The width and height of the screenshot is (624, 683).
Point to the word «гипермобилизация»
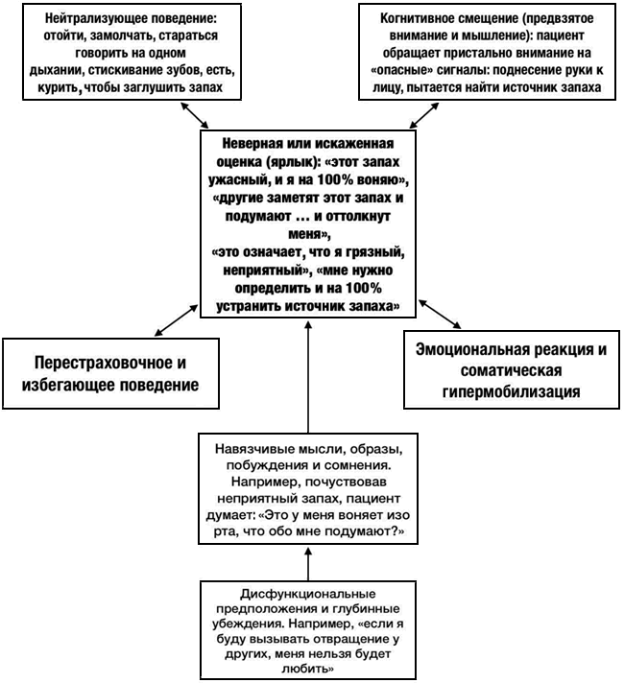[x=511, y=391]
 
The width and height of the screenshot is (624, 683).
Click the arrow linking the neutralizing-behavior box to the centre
[x=195, y=114]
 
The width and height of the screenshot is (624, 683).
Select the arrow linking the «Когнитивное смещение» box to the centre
[x=424, y=115]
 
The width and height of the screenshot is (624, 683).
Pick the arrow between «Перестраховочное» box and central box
[x=177, y=320]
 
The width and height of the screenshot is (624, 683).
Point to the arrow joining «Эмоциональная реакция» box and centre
[x=440, y=314]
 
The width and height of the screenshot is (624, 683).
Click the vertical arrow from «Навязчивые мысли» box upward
[x=308, y=377]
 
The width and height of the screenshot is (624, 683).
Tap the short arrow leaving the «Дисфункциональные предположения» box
[x=308, y=564]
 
